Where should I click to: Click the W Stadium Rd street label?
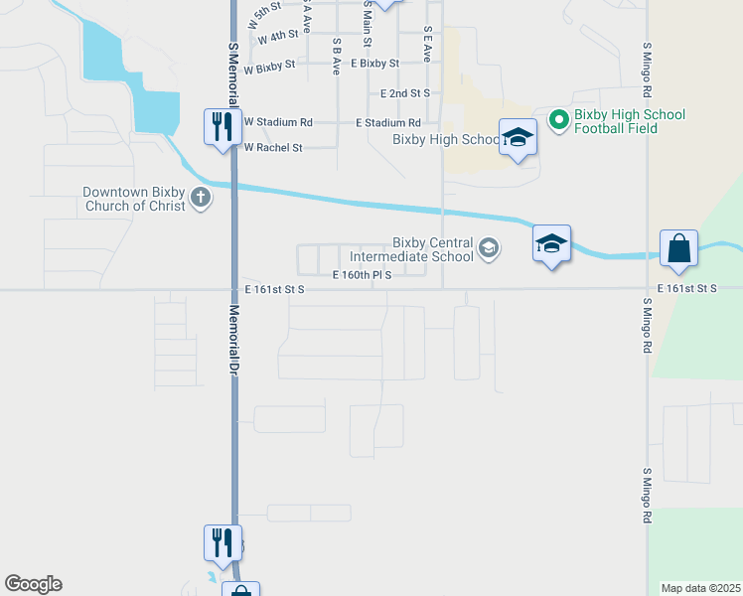click(278, 122)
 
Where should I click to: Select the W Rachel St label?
click(272, 147)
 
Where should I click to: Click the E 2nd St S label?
click(405, 93)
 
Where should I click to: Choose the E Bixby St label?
click(368, 63)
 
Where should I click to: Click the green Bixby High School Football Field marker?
click(558, 120)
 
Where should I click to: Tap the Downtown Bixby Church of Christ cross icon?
click(201, 197)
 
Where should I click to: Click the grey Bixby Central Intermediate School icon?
click(489, 247)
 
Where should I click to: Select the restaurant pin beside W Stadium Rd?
click(220, 126)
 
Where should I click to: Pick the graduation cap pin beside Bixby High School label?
click(518, 137)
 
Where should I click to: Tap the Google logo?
click(33, 584)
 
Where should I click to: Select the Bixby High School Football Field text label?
click(630, 121)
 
